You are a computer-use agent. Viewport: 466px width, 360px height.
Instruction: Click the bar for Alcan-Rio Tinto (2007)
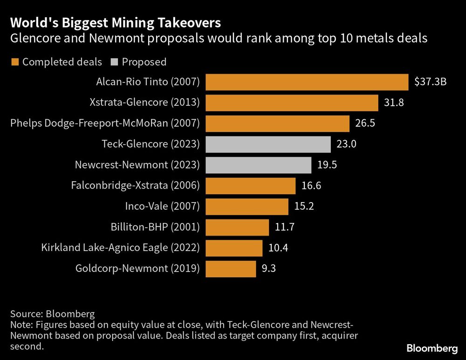[307, 82]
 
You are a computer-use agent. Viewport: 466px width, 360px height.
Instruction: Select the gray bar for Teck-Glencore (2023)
[268, 144]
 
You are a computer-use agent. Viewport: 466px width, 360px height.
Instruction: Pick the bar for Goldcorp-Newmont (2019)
[231, 269]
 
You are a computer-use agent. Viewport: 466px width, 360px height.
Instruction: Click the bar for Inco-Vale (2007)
[247, 206]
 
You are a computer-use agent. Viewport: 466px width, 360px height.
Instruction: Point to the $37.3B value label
[431, 82]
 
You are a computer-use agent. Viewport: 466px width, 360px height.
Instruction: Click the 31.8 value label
[393, 103]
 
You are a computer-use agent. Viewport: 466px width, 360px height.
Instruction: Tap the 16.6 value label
[311, 186]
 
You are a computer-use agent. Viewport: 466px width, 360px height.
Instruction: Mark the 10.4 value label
[278, 248]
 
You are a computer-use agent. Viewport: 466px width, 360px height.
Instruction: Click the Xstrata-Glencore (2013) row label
[144, 103]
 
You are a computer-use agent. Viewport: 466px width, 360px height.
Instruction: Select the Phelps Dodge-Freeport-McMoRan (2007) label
[105, 123]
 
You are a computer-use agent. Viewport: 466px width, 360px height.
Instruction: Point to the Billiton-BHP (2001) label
[155, 227]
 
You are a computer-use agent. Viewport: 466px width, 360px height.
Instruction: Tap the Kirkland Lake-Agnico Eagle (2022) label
[120, 248]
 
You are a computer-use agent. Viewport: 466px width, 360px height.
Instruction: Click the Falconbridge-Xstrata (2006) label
[135, 186]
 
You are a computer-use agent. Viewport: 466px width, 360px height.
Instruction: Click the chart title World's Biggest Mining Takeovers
[116, 23]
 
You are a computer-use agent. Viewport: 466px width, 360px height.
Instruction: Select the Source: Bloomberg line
[52, 313]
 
